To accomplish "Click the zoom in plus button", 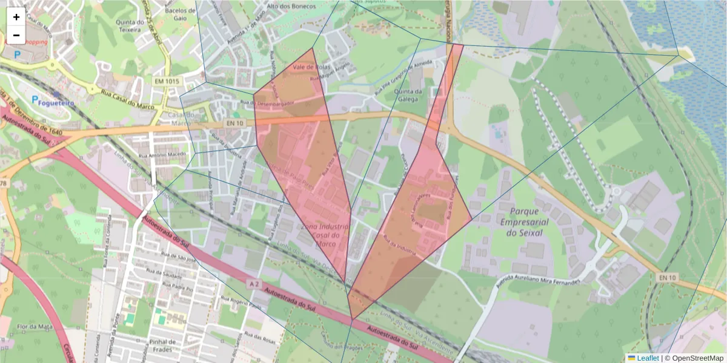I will (16, 17).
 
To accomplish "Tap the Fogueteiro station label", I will (56, 103).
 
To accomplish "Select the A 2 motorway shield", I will (255, 283).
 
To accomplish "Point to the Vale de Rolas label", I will (310, 67).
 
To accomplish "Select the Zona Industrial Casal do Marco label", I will (324, 235).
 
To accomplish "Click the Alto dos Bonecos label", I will (291, 6).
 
